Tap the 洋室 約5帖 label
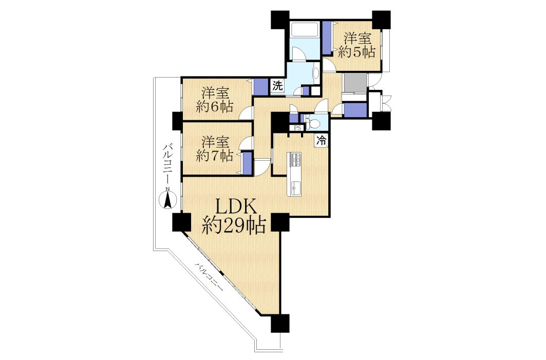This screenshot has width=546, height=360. coord(357,45)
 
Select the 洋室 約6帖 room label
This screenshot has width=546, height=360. coord(215,100)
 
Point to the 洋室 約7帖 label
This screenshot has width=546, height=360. coord(215,148)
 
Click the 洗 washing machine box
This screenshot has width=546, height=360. coord(277,86)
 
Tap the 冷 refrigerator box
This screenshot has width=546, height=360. coord(322,141)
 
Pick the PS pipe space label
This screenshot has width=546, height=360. coord(297,128)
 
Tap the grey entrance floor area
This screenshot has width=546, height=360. coord(354,83)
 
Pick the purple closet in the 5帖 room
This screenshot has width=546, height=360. coord(326,37)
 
